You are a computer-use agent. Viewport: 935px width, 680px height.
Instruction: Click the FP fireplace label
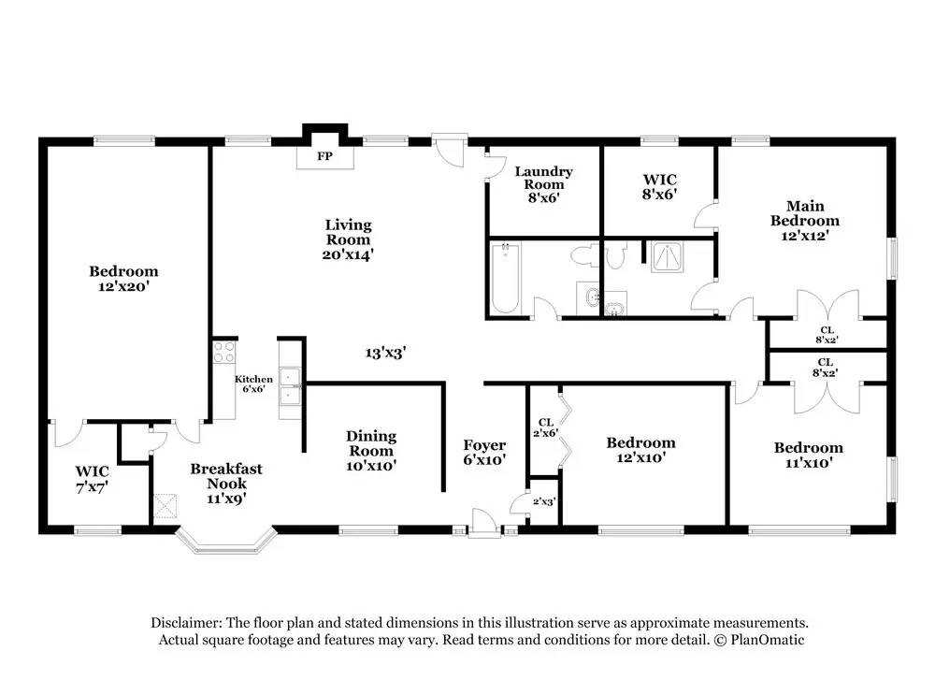pyautogui.click(x=324, y=156)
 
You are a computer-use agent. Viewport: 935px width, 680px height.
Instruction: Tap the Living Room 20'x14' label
pyautogui.click(x=348, y=239)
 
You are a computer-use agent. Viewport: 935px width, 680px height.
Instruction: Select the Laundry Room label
pyautogui.click(x=543, y=178)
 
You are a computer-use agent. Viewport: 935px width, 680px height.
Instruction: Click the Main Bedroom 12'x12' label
pyautogui.click(x=804, y=221)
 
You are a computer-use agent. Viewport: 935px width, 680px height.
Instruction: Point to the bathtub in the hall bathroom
pyautogui.click(x=505, y=277)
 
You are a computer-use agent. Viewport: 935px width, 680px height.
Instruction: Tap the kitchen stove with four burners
pyautogui.click(x=224, y=352)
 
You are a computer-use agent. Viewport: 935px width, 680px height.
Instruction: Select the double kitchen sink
pyautogui.click(x=291, y=386)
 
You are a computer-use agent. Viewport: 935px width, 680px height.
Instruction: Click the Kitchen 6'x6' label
pyautogui.click(x=253, y=383)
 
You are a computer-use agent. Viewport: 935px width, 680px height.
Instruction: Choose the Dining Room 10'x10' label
pyautogui.click(x=371, y=451)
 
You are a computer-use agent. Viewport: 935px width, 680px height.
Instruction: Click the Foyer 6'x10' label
pyautogui.click(x=484, y=452)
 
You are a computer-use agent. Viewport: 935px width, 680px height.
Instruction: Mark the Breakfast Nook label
pyautogui.click(x=226, y=476)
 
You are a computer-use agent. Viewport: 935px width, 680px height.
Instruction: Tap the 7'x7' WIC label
pyautogui.click(x=92, y=479)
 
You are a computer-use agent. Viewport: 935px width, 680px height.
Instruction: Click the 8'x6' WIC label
pyautogui.click(x=659, y=187)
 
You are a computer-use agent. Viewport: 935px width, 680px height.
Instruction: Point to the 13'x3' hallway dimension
pyautogui.click(x=386, y=354)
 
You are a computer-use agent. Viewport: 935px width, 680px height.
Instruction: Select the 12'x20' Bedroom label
pyautogui.click(x=123, y=279)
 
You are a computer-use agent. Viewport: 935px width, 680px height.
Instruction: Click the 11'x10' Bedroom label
pyautogui.click(x=808, y=455)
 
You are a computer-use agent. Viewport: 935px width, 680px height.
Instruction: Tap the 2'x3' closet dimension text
pyautogui.click(x=544, y=501)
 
